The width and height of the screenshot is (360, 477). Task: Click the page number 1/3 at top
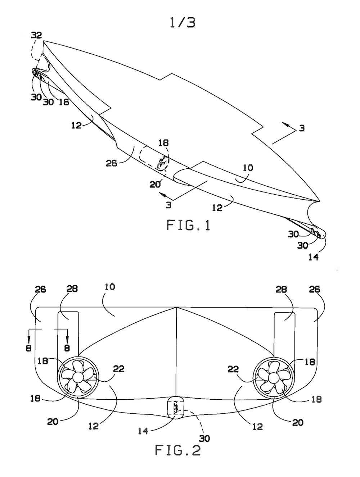(183, 22)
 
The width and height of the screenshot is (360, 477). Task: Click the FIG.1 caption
(188, 225)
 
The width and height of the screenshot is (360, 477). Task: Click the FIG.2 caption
(177, 450)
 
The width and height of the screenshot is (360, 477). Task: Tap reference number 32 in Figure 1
(36, 35)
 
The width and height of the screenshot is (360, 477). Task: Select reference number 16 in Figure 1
(63, 102)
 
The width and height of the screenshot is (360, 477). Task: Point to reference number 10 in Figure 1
(248, 168)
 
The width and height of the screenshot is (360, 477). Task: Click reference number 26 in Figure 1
(112, 163)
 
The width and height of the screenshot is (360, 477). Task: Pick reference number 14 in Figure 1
(313, 257)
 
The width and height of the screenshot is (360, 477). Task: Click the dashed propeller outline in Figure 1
(162, 163)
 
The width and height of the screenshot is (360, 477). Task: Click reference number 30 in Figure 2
(204, 438)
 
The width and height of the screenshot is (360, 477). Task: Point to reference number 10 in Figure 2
(110, 287)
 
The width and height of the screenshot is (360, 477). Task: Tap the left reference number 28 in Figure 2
(72, 289)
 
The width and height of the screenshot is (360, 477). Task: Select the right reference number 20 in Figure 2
(298, 422)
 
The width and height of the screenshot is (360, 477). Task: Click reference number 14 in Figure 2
(143, 431)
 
